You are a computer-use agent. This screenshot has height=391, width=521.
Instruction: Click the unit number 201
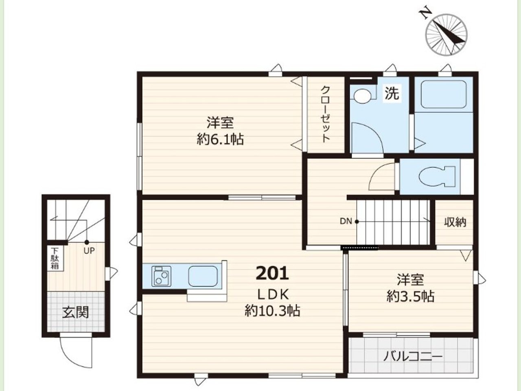point(272,273)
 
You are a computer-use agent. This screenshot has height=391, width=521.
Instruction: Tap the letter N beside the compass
point(426,15)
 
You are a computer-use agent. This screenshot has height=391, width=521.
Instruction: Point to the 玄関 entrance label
point(75,312)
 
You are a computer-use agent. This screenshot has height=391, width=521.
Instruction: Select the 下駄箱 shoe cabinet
point(55,258)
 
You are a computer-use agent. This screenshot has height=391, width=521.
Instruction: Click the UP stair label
point(89,251)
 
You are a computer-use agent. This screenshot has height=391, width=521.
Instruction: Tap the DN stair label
point(346,221)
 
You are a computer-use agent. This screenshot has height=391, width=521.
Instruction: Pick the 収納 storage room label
point(455,222)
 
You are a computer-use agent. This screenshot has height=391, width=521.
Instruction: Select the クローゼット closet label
point(326,114)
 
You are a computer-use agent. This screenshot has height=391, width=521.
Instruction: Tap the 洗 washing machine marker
point(392,93)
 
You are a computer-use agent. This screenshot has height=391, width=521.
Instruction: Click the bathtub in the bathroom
point(444,94)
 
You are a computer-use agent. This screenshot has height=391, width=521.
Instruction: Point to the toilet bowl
point(437,176)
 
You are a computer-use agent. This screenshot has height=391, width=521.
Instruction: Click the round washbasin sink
point(362,96)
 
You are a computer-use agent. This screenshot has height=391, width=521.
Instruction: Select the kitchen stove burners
point(161,276)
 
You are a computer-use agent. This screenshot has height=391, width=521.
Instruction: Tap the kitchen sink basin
point(203,276)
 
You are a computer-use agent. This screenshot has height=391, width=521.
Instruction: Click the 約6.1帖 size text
point(220,139)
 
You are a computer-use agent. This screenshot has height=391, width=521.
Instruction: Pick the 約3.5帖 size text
point(410,296)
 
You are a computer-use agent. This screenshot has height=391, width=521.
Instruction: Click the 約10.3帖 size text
point(272,310)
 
